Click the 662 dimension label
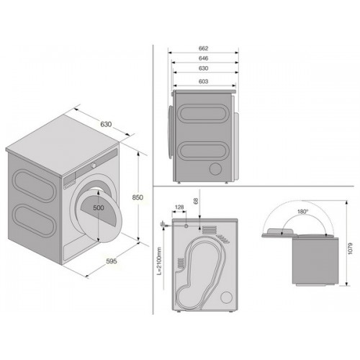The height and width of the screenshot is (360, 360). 203,48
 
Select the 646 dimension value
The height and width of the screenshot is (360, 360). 203,58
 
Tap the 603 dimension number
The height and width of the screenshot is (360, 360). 203,81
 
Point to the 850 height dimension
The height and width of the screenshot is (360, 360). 138,197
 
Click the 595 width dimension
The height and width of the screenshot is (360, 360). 112,261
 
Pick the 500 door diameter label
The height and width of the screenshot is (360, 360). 99,207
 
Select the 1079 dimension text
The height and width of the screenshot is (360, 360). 350,248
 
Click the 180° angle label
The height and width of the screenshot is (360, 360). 302,212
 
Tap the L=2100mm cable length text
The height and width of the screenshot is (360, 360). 160,261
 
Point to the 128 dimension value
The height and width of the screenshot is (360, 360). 179,207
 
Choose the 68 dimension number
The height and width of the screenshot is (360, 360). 196,201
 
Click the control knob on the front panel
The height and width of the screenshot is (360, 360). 94,166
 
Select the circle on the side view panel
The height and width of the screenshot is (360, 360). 215,168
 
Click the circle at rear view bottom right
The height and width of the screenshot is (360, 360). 226,297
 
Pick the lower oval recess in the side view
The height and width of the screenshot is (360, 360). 203,151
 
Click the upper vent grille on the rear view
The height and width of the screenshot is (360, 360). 210,230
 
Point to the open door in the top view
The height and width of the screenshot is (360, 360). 280,233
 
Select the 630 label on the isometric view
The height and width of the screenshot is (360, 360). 106,124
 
